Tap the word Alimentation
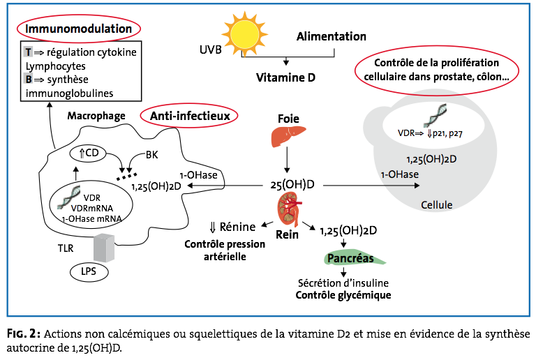pyautogui.click(x=332, y=36)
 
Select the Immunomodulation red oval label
pyautogui.click(x=79, y=29)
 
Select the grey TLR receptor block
pyautogui.click(x=106, y=246)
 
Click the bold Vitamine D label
pyautogui.click(x=284, y=77)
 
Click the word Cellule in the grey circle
pyautogui.click(x=437, y=204)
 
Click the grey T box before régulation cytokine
pyautogui.click(x=28, y=53)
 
